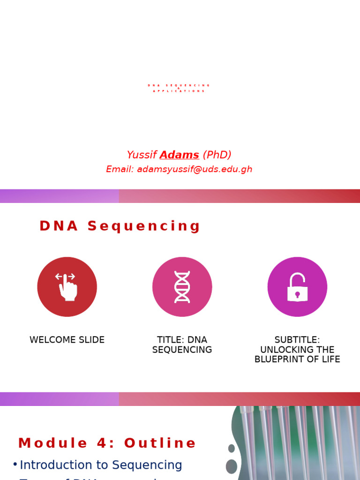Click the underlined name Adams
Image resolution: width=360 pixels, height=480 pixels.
point(179,155)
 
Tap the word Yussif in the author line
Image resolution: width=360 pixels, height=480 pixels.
point(142,155)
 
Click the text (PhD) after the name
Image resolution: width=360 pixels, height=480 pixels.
point(217,155)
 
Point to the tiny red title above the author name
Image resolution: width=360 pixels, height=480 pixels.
point(179,88)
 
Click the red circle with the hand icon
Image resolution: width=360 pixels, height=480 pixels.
point(67,286)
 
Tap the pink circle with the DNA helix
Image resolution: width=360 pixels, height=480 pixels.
point(182,286)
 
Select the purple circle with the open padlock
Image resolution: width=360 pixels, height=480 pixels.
point(297,286)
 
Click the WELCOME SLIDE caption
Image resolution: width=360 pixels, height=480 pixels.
point(67,340)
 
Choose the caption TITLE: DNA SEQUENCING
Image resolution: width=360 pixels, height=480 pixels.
point(182,345)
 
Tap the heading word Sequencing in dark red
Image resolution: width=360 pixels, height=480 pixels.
point(144,226)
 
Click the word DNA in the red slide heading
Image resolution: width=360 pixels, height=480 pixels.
point(59,226)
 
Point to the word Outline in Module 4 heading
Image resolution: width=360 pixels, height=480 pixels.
point(160,443)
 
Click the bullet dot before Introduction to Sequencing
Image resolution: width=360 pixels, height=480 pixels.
point(15,465)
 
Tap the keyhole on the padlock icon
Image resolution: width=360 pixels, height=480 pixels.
point(297,295)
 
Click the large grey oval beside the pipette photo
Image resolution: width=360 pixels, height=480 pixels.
point(232,466)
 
